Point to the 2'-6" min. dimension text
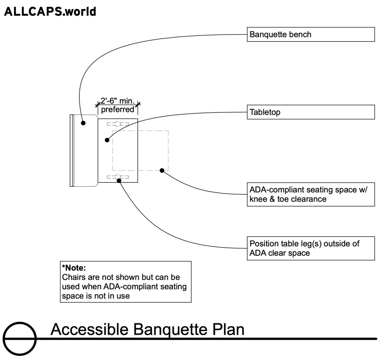click(x=118, y=101)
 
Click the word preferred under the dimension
click(x=118, y=109)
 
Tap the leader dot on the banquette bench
click(x=84, y=123)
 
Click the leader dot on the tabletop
click(x=107, y=140)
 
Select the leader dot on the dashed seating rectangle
click(x=162, y=170)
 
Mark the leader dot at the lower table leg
click(x=119, y=180)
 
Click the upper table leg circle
click(x=118, y=124)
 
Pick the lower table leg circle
click(x=118, y=177)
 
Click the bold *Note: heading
click(x=74, y=268)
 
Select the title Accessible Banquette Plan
click(x=147, y=329)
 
